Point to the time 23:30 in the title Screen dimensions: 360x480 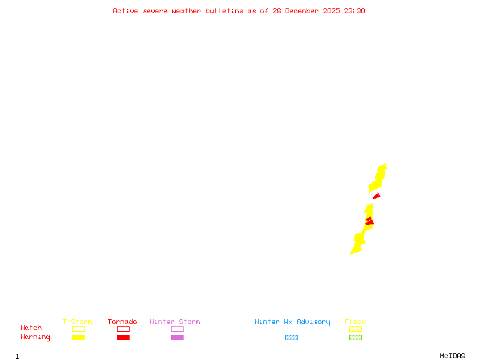[355, 11]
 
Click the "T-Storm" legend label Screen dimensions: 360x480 [77, 322]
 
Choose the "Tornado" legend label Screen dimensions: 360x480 [122, 322]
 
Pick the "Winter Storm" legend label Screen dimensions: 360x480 [175, 322]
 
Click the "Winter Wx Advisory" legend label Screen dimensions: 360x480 [292, 322]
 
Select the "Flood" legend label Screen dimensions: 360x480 [355, 322]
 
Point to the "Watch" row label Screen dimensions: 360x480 [31, 328]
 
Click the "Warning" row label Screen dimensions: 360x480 [35, 337]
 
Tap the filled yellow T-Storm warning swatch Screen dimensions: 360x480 [78, 337]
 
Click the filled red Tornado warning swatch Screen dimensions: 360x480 [123, 337]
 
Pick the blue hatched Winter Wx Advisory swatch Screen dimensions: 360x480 [291, 337]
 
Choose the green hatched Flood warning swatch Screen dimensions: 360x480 [355, 337]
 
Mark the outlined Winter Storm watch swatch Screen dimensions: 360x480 [177, 329]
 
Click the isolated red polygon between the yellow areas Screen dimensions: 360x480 [376, 196]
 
